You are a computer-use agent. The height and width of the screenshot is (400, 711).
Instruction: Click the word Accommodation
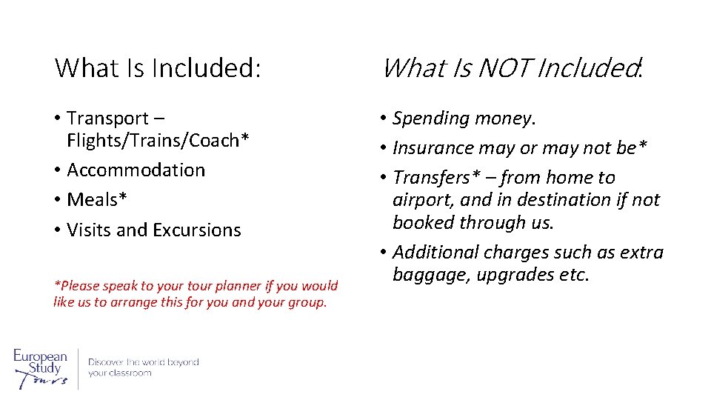136,170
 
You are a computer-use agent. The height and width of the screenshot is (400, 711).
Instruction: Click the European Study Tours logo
41,367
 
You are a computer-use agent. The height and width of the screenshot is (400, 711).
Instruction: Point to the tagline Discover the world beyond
144,362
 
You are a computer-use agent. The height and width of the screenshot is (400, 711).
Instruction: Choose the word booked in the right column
424,223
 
